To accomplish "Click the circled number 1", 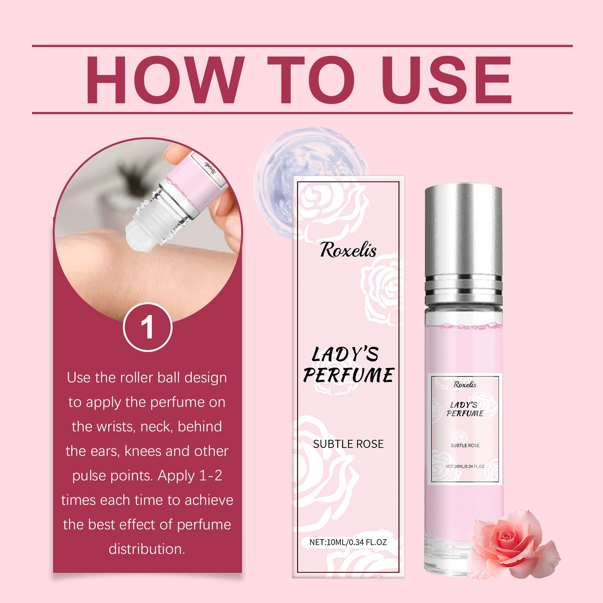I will (147, 327).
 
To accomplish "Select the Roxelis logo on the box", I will (348, 250).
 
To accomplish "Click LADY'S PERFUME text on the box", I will (348, 365).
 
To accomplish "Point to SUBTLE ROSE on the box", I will (348, 444).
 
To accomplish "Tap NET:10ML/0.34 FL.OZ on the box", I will (348, 542).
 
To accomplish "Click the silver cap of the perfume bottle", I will (464, 241).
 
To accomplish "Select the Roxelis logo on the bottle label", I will (465, 384).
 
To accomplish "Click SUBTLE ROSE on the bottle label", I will (465, 445).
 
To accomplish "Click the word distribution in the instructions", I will (147, 549).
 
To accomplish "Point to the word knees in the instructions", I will (143, 451).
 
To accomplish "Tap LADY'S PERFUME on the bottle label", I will (465, 409).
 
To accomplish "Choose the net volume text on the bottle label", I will (465, 467).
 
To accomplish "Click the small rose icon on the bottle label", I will (459, 436).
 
